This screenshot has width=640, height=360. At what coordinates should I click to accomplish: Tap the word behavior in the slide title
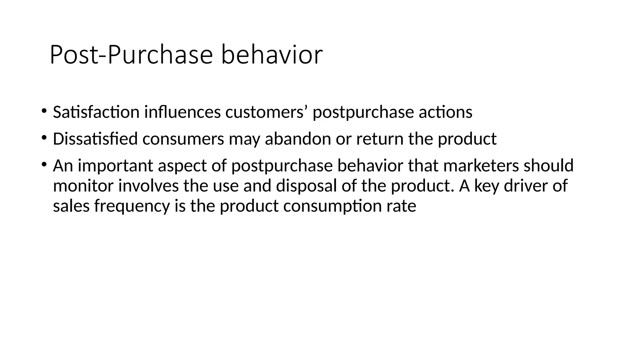click(x=272, y=55)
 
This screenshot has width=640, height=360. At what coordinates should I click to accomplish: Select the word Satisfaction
click(x=96, y=112)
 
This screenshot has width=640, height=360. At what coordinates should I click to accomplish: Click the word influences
click(x=182, y=112)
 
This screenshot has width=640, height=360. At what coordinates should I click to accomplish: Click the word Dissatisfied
click(x=95, y=139)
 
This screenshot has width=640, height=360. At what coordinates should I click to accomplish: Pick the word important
click(x=115, y=166)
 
